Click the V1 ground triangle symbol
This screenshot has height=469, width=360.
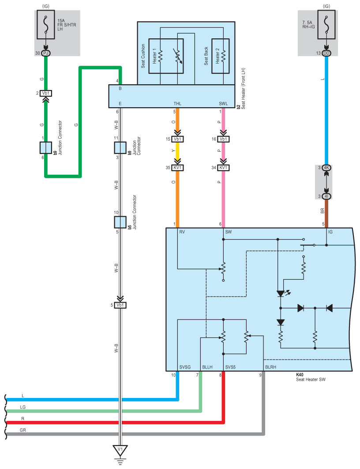pos(120,450)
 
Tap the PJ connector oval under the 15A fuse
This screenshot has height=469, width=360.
pos(46,53)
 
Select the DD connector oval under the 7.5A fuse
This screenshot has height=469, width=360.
pos(326,53)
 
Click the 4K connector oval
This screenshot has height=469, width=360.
pos(326,168)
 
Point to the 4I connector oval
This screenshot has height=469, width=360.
pos(326,196)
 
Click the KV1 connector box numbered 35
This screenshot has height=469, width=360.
pos(177,168)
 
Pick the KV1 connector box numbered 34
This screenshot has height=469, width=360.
pos(223,168)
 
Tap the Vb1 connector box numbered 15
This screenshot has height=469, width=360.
pos(177,139)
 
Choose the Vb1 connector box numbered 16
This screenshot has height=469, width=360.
pos(223,139)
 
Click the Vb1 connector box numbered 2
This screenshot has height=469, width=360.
pos(46,94)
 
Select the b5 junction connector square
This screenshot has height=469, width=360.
pos(120,222)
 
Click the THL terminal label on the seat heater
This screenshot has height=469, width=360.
pos(177,104)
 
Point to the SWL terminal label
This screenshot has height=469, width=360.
pos(223,104)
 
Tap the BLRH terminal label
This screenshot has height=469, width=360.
pos(270,367)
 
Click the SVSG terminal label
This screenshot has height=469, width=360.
pos(185,367)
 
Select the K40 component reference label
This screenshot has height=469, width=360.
pos(300,375)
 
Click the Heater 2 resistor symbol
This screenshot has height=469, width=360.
pos(223,56)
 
